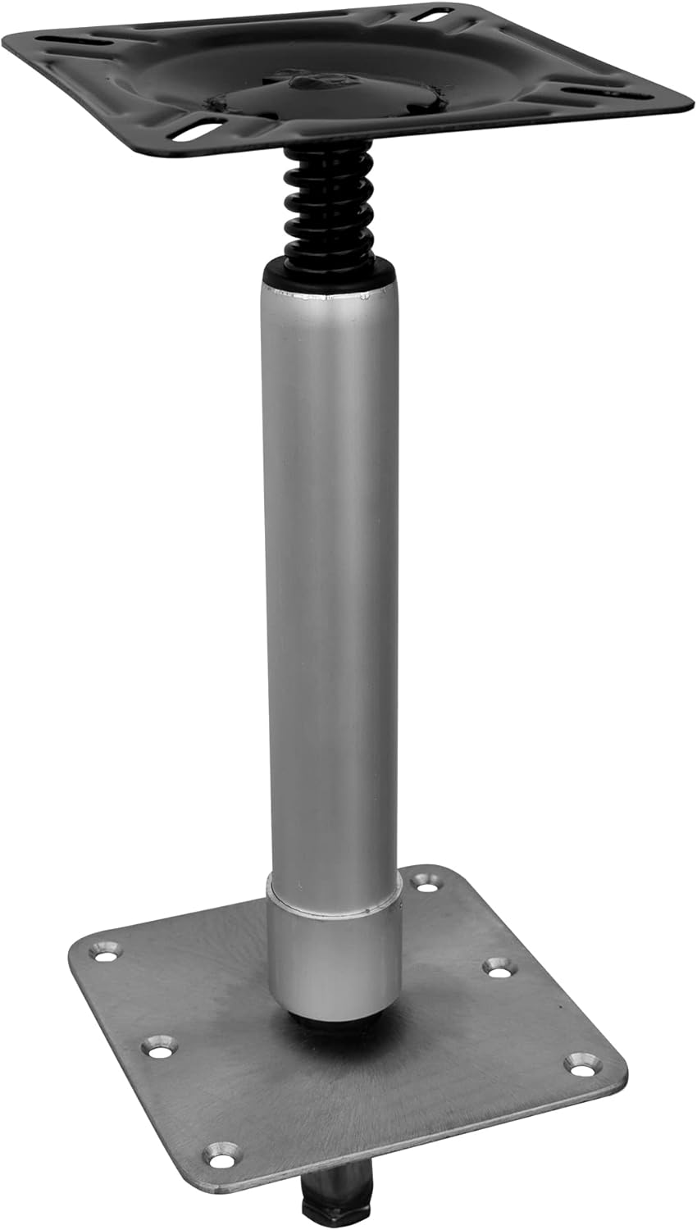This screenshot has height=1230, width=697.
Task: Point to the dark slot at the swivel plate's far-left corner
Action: [x=61, y=40]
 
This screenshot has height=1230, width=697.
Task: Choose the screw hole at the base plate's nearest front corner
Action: [x=221, y=1154]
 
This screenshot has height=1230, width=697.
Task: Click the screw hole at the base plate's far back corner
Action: [x=426, y=881]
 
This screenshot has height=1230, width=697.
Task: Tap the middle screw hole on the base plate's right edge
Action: [x=498, y=966]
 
